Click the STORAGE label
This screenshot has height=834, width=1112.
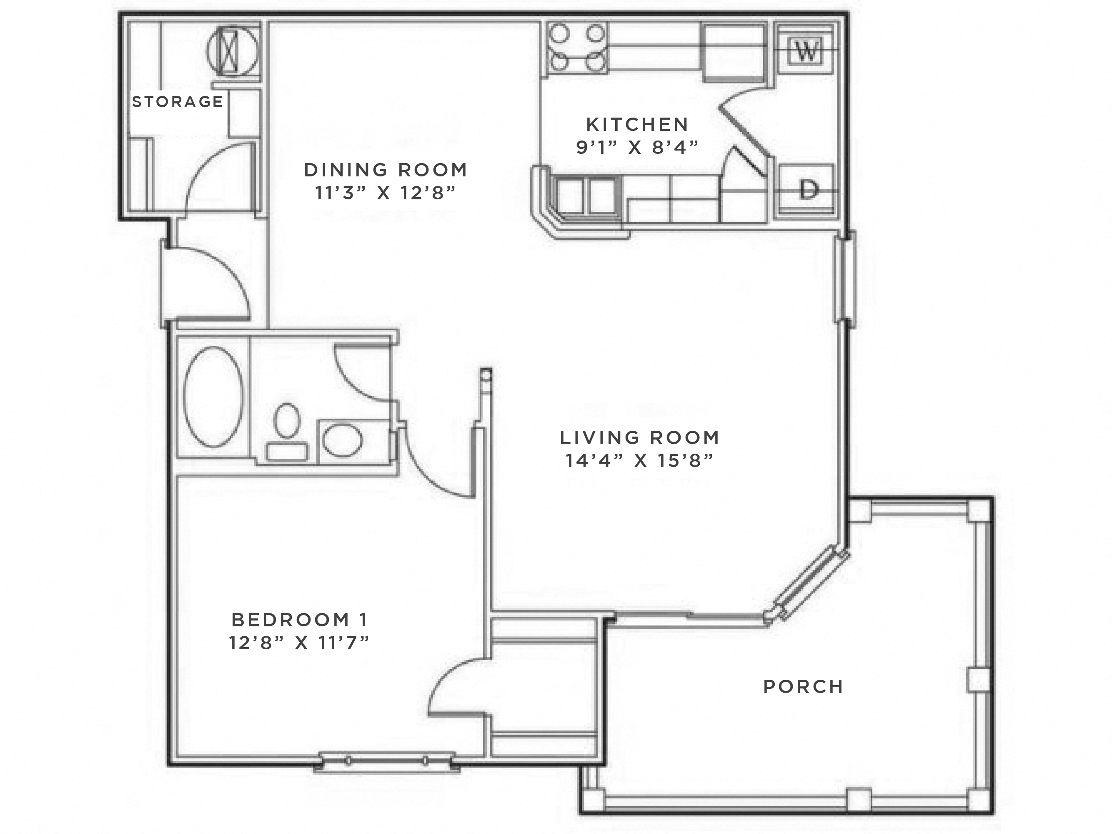[x=177, y=102]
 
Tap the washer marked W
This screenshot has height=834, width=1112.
[x=806, y=50]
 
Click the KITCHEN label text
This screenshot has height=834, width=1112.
[x=637, y=124]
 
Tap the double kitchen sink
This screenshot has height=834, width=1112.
[x=586, y=196]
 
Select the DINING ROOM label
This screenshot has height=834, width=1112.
[x=386, y=170]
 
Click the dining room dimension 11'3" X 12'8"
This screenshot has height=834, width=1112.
[x=386, y=193]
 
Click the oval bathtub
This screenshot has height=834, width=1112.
[x=213, y=397]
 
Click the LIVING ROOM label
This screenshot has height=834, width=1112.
[x=639, y=437]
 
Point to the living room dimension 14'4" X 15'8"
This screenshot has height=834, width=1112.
[x=639, y=460]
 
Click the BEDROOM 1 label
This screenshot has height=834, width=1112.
[x=300, y=620]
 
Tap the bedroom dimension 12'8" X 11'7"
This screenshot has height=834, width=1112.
[x=300, y=642]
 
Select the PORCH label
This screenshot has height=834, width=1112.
[x=803, y=687]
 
